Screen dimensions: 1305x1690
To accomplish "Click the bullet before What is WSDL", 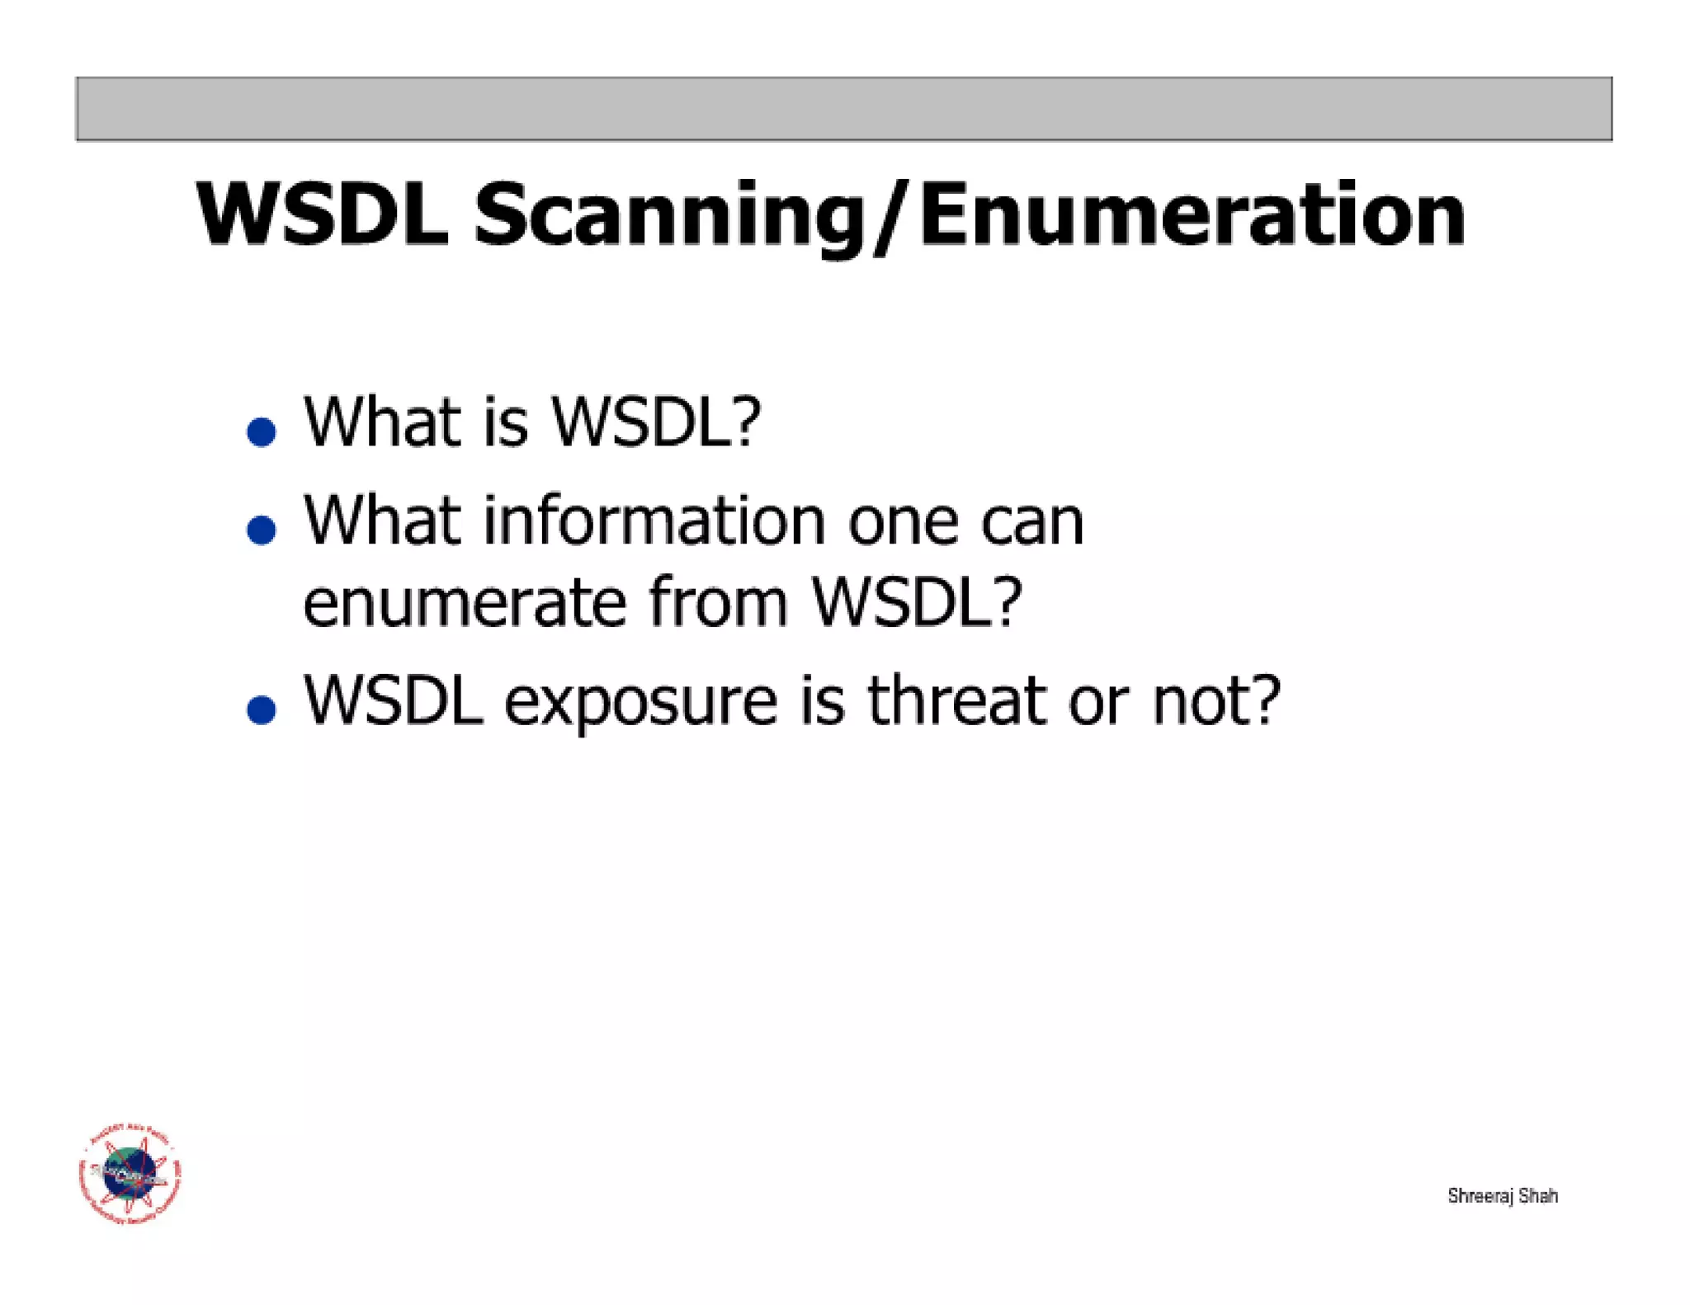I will [262, 431].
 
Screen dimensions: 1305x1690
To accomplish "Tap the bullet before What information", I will [262, 530].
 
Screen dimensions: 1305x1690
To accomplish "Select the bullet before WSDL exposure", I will [262, 709].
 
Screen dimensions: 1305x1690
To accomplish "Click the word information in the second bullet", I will [654, 521].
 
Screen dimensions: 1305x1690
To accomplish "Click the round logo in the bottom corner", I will [130, 1174].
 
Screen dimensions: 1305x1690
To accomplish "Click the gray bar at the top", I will [843, 109].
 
